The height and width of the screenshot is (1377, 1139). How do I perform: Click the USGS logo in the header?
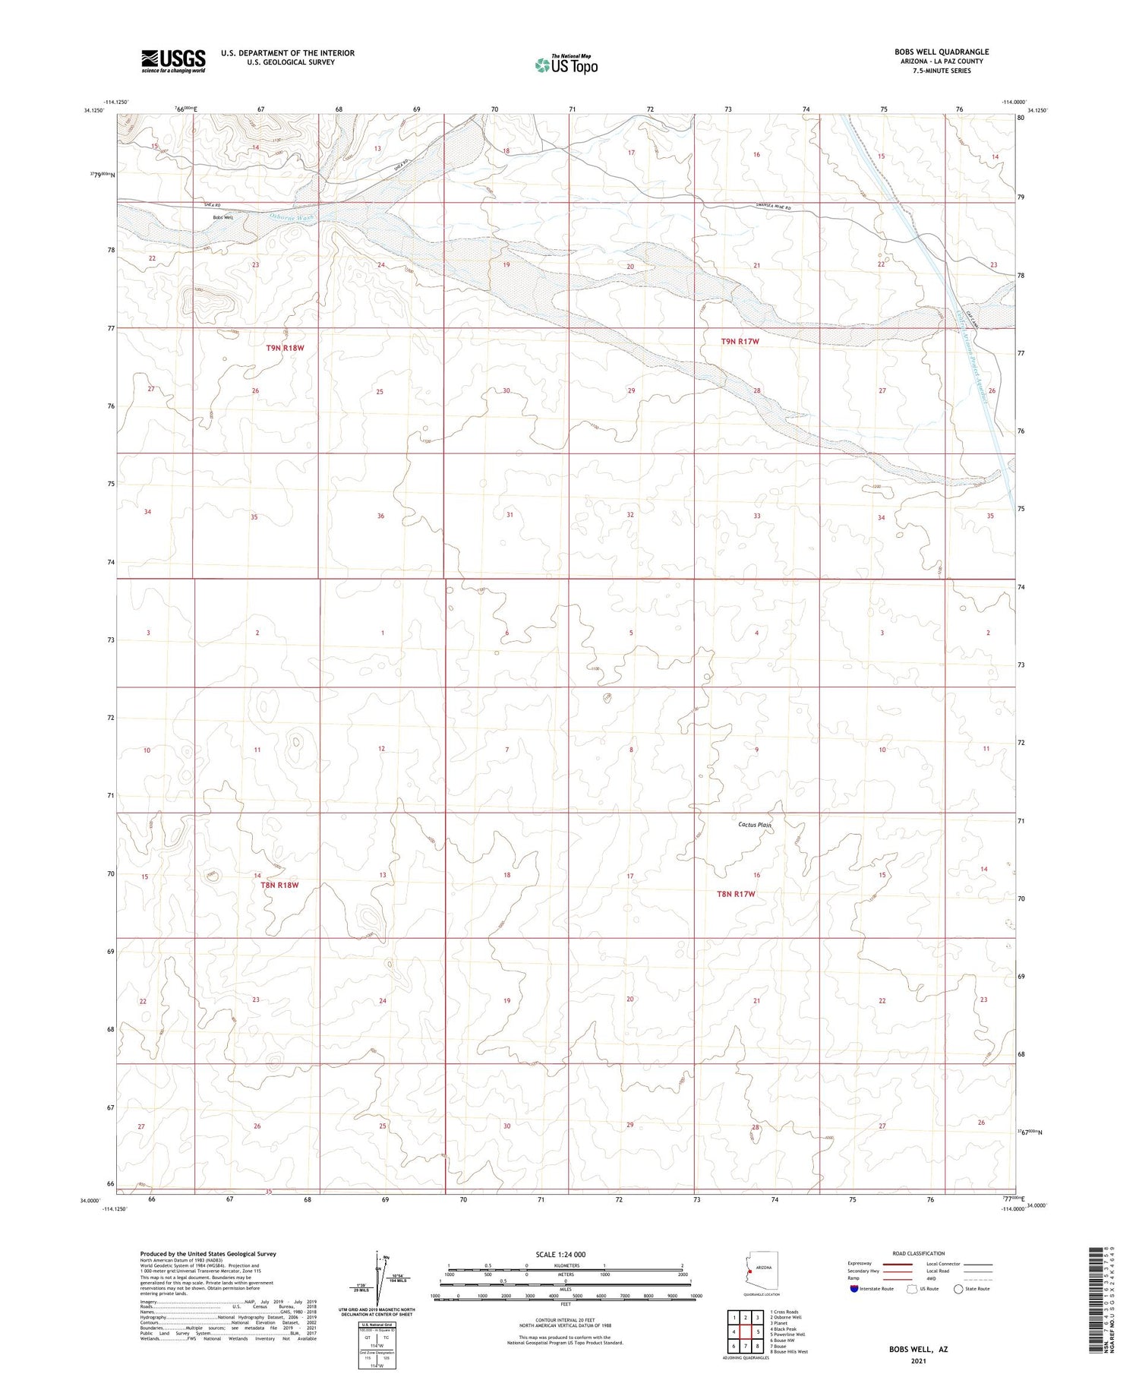(173, 61)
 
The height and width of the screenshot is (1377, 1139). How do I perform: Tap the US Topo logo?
(566, 65)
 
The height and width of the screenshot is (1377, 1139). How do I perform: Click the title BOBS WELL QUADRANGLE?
(941, 52)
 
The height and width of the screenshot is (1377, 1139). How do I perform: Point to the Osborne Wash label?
(292, 216)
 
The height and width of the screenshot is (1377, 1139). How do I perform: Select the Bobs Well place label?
(222, 218)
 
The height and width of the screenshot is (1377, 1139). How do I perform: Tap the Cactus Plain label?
(755, 825)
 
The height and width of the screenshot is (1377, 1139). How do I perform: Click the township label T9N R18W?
(285, 348)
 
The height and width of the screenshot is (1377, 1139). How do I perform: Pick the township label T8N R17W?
(736, 894)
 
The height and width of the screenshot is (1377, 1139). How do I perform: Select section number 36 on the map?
(380, 516)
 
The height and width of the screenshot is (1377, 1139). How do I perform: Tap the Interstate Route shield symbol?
(854, 1289)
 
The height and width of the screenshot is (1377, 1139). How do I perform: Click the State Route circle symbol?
(958, 1289)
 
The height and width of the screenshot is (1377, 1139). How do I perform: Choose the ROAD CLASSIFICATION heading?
(919, 1253)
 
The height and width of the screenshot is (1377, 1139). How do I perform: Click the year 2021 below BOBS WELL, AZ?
(918, 1360)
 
